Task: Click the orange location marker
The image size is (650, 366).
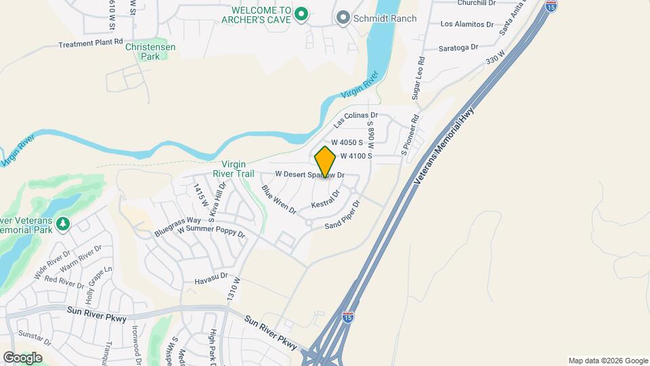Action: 325,162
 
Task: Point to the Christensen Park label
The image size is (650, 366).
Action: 146,52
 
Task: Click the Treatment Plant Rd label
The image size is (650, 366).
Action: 91,43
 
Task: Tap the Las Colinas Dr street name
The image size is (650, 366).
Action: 355,121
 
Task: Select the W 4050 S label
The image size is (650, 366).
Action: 356,142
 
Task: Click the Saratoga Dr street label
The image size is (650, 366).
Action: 459,47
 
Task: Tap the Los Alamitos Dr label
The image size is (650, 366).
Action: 467,24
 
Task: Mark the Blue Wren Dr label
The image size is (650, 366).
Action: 279,200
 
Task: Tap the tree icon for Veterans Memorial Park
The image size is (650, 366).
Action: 63,223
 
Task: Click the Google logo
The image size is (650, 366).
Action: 22,357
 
